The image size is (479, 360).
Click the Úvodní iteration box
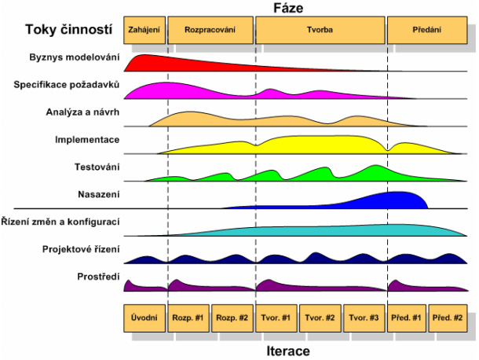(144, 318)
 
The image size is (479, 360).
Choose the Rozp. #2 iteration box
(232, 318)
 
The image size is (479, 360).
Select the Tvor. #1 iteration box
(276, 318)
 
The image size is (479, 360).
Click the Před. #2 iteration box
(447, 318)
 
